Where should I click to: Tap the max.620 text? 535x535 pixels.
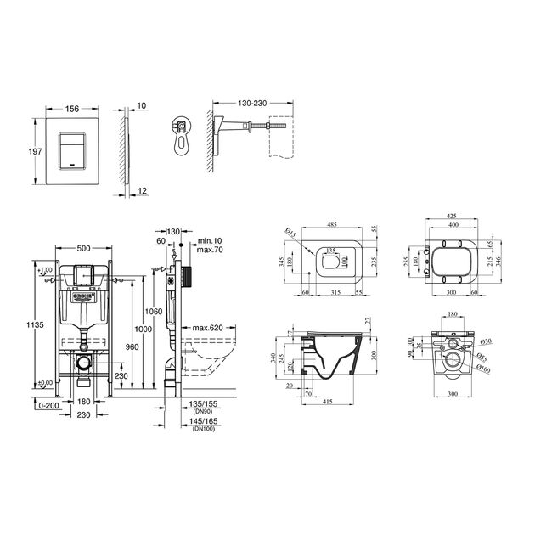(x=206, y=327)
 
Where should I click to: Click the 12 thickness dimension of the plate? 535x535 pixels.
(x=142, y=192)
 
